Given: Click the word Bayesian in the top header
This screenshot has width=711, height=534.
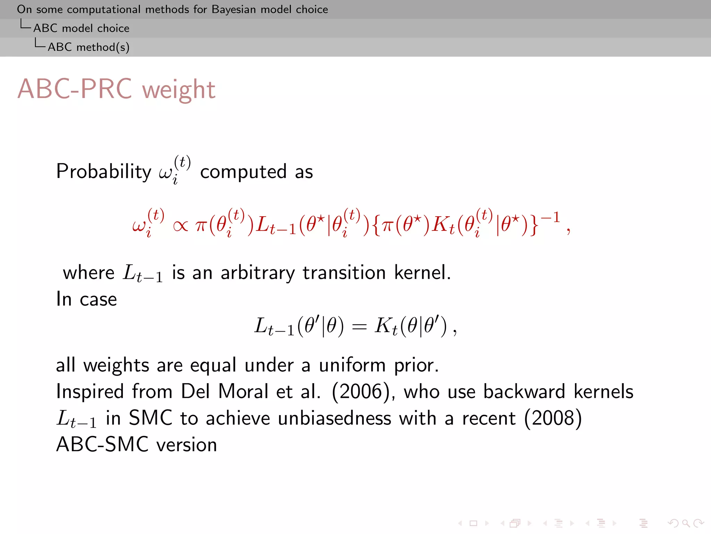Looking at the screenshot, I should pos(234,9).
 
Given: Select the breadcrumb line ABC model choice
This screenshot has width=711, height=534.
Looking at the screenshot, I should pos(81,28).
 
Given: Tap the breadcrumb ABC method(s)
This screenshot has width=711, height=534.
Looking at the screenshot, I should pos(89,47).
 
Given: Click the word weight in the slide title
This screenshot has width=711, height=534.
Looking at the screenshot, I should pos(179,90).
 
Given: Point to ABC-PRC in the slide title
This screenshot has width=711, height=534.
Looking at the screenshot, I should pos(75,89).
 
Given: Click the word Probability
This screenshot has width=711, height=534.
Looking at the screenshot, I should pos(104,171).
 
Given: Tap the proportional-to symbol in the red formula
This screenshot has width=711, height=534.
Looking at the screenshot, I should pos(180,226).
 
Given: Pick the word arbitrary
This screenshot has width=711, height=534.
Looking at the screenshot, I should pos(257,272).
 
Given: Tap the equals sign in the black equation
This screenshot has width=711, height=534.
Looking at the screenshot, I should pos(359,327).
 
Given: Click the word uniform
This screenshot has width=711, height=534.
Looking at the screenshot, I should pos(352,365).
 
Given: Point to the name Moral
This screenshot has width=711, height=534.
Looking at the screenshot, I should pos(243,391).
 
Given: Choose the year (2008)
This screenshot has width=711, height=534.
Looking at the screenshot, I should pos(553,418).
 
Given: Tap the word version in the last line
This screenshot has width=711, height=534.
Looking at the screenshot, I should pos(187,445).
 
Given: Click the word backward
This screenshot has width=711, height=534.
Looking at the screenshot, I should pos(524,391).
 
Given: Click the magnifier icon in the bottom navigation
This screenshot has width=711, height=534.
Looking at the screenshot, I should pos(686,523).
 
